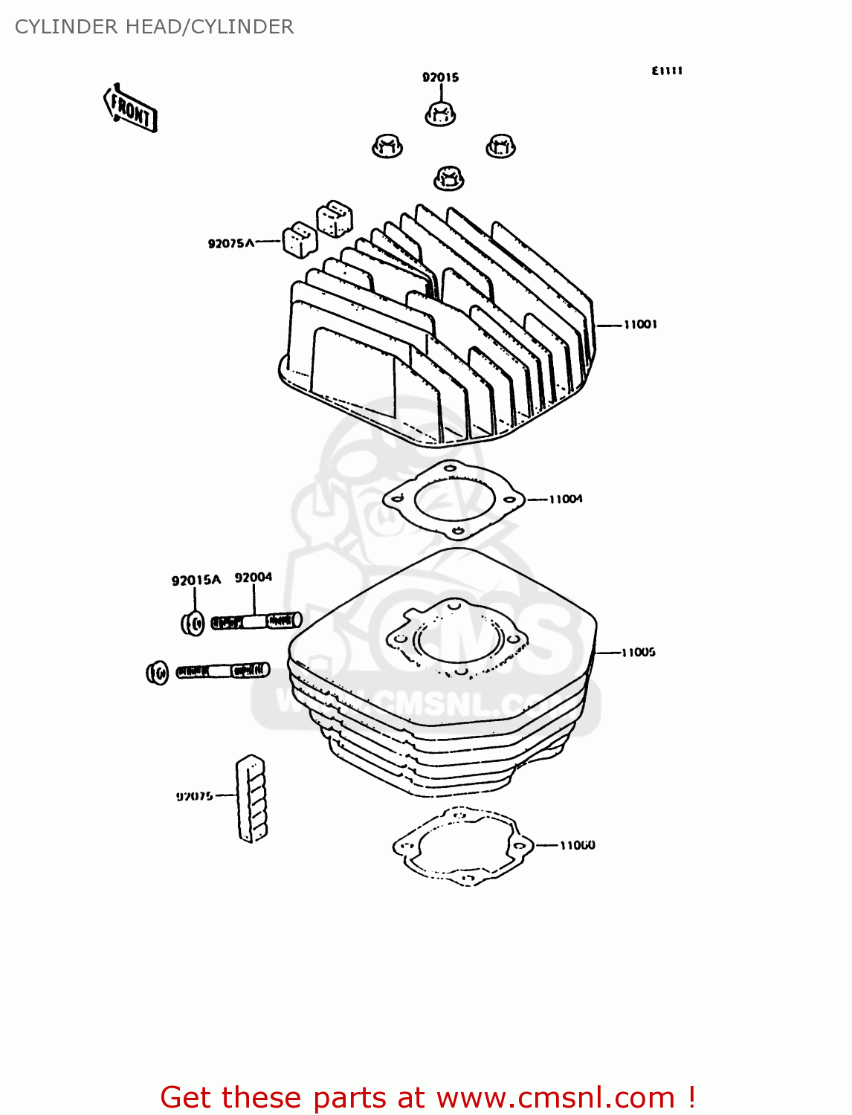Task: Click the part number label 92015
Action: pos(440,77)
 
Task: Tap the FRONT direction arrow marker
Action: pos(131,109)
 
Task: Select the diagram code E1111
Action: pos(667,71)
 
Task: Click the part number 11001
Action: pos(640,324)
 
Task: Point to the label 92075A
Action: pos(230,243)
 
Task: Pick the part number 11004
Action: pos(566,499)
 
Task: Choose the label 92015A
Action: pos(196,580)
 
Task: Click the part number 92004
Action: pos(254,577)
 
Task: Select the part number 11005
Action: pos(639,652)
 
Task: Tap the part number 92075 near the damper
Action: pos(195,796)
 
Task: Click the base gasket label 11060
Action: pos(578,845)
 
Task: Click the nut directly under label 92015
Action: pos(440,114)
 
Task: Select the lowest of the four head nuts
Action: pos(448,178)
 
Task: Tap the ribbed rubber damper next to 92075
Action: pos(251,798)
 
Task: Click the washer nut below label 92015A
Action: pos(193,623)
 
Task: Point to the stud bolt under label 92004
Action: pos(256,621)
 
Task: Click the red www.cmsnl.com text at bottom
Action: pos(555,1097)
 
